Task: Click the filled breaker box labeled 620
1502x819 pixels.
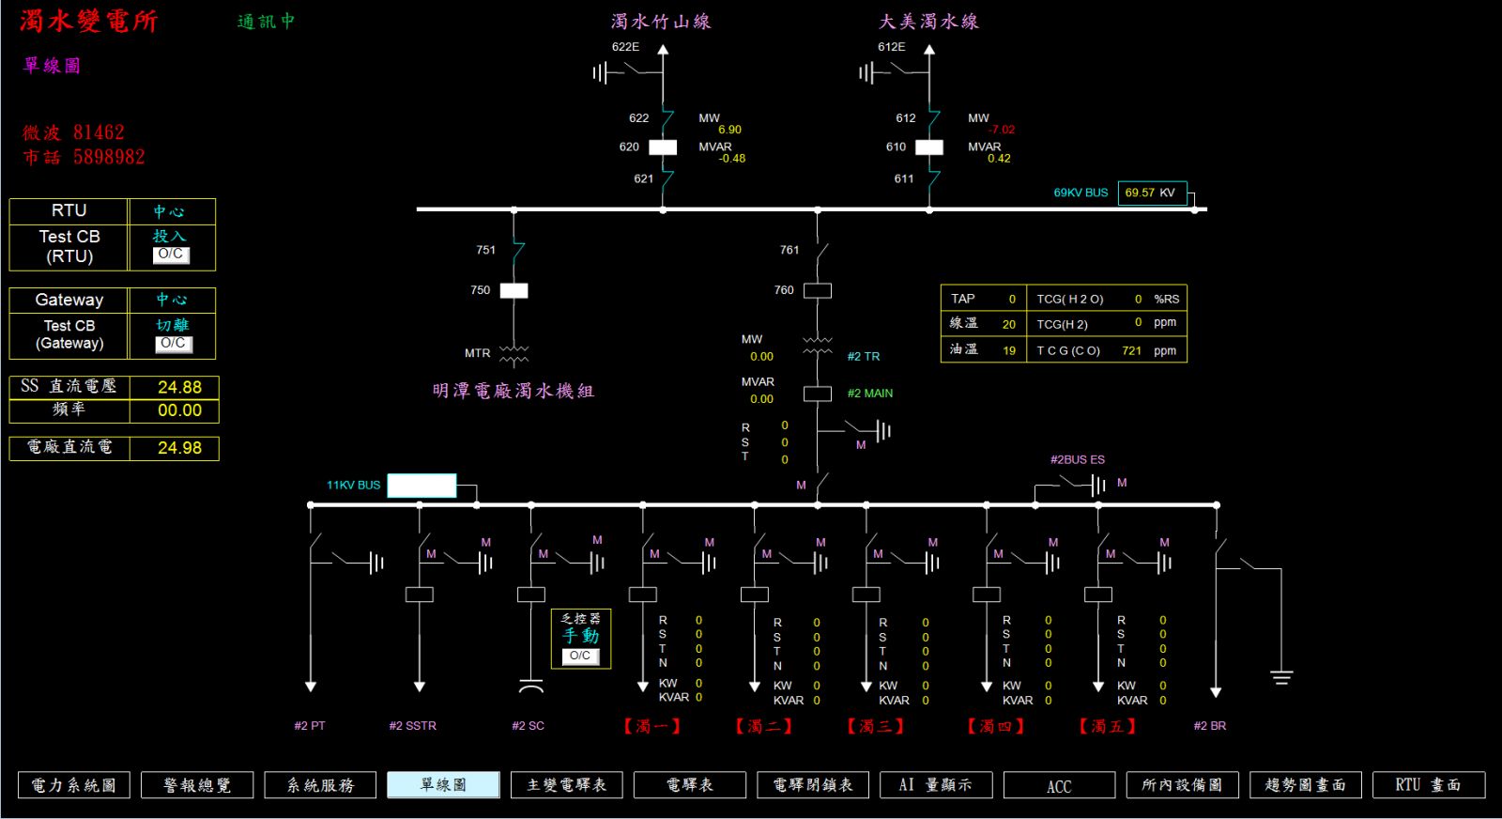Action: pyautogui.click(x=663, y=147)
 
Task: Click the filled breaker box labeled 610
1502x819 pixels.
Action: pyautogui.click(x=929, y=147)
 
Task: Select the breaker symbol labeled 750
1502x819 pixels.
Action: pyautogui.click(x=514, y=290)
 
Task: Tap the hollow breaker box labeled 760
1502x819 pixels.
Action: pyautogui.click(x=818, y=290)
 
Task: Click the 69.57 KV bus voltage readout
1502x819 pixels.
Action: pyautogui.click(x=1152, y=193)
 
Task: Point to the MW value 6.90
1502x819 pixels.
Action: pyautogui.click(x=729, y=130)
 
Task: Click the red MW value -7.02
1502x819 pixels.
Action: pyautogui.click(x=1001, y=130)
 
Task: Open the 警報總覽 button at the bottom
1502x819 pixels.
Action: pyautogui.click(x=197, y=785)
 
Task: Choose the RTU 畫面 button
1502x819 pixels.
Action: pyautogui.click(x=1428, y=785)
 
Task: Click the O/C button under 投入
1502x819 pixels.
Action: pyautogui.click(x=171, y=255)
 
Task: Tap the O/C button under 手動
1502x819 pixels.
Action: pyautogui.click(x=580, y=656)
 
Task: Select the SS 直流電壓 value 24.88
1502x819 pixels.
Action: pyautogui.click(x=179, y=387)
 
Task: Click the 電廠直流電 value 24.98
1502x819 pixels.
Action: pyautogui.click(x=179, y=447)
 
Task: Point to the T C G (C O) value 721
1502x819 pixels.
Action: pyautogui.click(x=1132, y=350)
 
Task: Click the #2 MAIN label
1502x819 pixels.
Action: pyautogui.click(x=869, y=394)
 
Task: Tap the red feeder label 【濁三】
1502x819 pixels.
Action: pyautogui.click(x=876, y=726)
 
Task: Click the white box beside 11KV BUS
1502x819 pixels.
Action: pyautogui.click(x=421, y=486)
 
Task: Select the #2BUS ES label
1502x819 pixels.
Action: pyautogui.click(x=1078, y=459)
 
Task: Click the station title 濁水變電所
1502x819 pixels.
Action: pyautogui.click(x=89, y=21)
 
